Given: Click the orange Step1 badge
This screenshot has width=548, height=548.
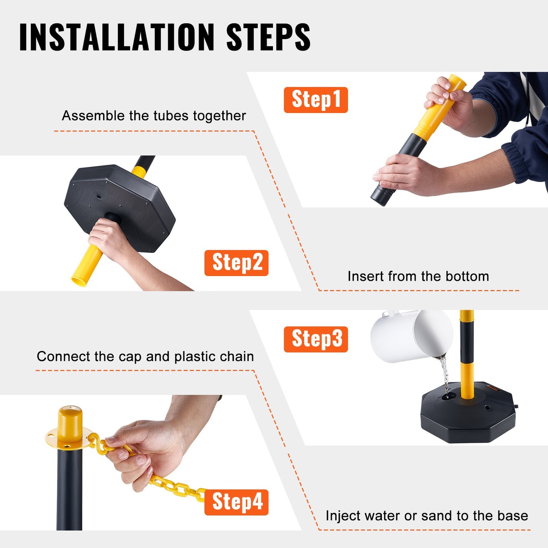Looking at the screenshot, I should (316, 100).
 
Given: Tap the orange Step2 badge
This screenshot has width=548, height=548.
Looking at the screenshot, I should (236, 263).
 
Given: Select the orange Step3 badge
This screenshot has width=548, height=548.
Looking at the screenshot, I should (316, 339).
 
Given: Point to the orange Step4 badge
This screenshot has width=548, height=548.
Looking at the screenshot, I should (236, 502).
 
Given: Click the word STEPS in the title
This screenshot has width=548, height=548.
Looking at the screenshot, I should (268, 37).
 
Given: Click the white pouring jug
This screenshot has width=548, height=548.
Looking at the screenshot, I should (411, 336).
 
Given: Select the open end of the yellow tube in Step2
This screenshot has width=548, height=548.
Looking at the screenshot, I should (79, 281).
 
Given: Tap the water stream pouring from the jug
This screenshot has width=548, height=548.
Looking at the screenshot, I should (445, 375).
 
